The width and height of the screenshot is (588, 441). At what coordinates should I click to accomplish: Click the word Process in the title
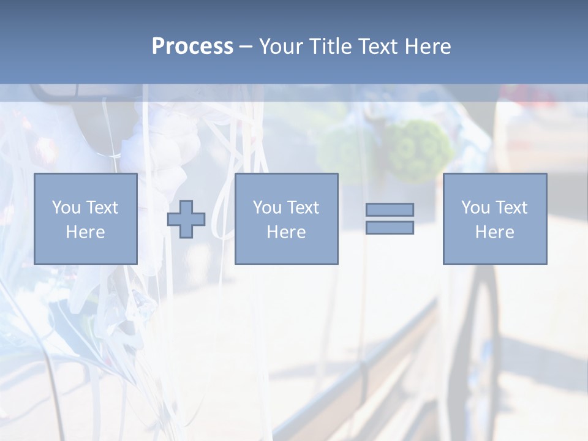tap(192, 47)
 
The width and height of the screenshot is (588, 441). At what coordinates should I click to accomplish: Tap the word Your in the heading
tap(281, 47)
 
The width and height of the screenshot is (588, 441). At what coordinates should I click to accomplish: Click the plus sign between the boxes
tap(186, 219)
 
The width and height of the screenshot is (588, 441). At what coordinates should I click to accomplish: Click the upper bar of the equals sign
tap(390, 209)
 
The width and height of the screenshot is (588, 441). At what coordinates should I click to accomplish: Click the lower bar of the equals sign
tap(390, 228)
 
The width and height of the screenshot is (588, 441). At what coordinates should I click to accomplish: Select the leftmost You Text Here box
tap(85, 219)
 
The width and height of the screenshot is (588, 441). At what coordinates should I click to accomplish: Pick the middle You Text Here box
tap(286, 219)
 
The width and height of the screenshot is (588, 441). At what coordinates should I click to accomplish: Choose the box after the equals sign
tap(494, 219)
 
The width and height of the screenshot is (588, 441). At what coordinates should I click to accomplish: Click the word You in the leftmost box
tap(65, 207)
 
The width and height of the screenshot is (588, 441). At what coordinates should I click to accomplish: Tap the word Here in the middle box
tap(286, 232)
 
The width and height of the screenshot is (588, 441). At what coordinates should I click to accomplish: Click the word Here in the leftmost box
tap(85, 232)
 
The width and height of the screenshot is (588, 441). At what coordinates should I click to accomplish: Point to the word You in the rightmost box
tap(475, 207)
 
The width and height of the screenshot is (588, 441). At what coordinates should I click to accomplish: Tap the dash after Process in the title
tap(246, 47)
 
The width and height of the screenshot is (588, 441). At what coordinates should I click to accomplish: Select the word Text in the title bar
tap(376, 47)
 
